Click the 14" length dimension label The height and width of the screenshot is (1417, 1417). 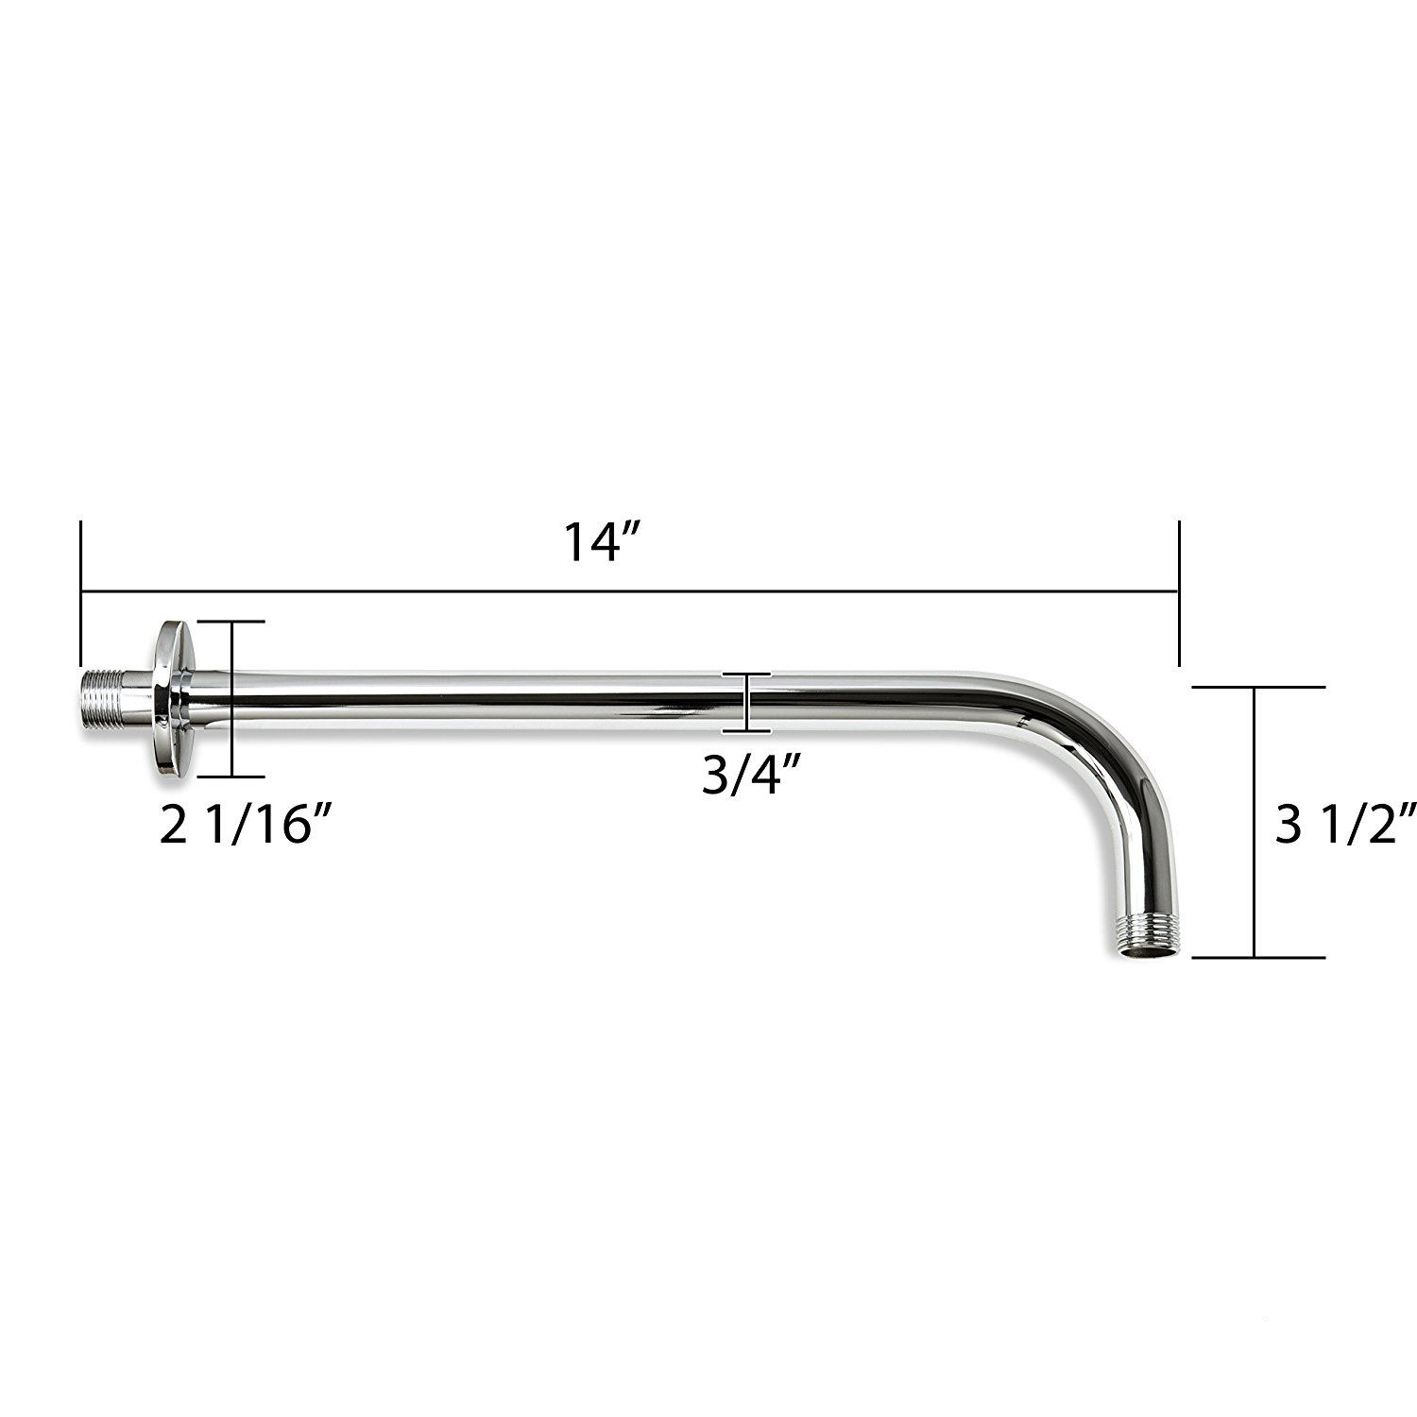pos(605,542)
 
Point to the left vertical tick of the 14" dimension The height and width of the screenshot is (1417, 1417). pos(82,593)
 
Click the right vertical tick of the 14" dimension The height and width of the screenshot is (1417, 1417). pos(1178,593)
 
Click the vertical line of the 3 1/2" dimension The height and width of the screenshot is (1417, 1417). pos(1255,822)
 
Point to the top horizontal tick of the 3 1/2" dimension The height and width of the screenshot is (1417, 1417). pos(1258,688)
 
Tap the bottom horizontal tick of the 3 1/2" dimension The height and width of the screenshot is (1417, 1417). pos(1258,957)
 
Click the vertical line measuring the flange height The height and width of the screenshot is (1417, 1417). pos(230,699)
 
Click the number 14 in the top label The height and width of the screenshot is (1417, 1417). pos(591,542)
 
